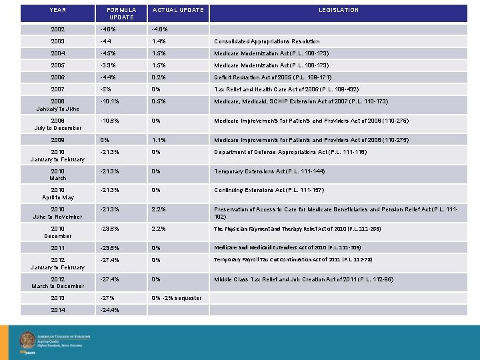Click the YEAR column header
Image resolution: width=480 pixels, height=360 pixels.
[x=58, y=10]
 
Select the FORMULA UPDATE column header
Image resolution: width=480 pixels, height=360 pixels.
[x=121, y=13]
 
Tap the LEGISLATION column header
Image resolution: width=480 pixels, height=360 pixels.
[x=338, y=10]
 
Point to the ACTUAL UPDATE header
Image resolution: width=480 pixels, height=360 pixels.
[x=178, y=10]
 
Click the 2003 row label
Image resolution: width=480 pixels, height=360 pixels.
[x=58, y=41]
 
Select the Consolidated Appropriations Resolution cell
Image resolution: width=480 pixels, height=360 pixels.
[x=267, y=41]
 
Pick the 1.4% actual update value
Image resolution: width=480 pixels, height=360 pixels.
[x=159, y=41]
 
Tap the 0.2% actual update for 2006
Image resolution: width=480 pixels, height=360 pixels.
[x=159, y=78]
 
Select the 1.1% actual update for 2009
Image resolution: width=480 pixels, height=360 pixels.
[x=159, y=140]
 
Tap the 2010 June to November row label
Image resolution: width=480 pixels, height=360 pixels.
[x=58, y=213]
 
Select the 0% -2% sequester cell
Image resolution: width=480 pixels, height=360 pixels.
[x=177, y=298]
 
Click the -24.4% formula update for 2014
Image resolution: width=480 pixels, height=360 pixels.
[x=109, y=310]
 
